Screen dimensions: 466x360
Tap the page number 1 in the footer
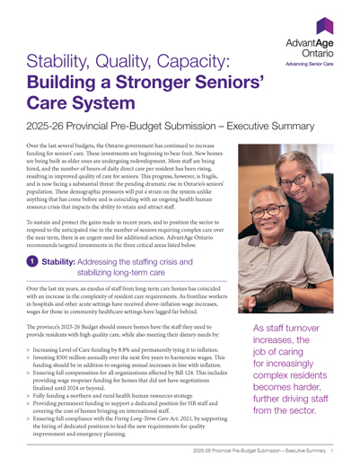pyautogui.click(x=332, y=451)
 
